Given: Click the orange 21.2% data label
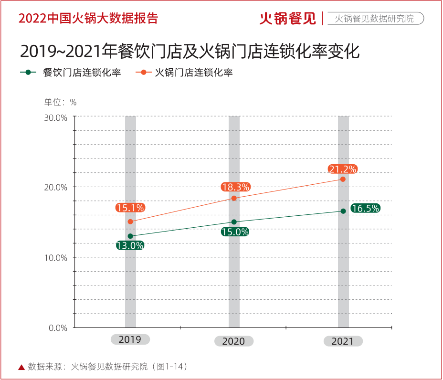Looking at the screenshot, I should (x=343, y=169).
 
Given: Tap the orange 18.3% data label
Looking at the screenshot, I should (x=235, y=187).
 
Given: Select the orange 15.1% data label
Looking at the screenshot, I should (x=130, y=208).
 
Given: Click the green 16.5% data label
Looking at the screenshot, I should (x=365, y=208).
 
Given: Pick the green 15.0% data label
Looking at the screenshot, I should (x=235, y=232).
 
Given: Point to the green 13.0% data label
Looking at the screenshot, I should (x=130, y=246).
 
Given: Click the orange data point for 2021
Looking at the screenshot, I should (x=343, y=179).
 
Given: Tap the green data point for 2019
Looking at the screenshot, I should (x=130, y=236).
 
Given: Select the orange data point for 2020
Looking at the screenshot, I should (x=234, y=198).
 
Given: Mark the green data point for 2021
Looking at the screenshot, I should (x=343, y=211).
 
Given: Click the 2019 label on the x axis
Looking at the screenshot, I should (x=130, y=339).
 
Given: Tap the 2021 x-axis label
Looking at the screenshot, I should (x=343, y=341).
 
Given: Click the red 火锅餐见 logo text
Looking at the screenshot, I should (x=288, y=19).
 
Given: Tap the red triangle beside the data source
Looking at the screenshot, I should (x=21, y=367).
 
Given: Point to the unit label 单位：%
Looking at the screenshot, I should (x=61, y=102).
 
